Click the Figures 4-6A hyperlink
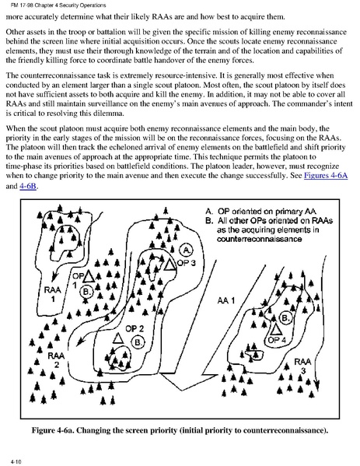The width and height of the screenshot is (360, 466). [326, 175]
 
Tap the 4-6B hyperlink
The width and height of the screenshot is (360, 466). [28, 187]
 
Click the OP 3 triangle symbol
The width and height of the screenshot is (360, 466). [170, 265]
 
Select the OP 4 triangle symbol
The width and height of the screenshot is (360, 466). [276, 329]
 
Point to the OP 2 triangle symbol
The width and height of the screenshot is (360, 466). [118, 338]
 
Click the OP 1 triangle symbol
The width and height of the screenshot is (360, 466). [89, 277]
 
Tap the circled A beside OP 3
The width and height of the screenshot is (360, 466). [187, 250]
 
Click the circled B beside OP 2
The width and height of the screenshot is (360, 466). [138, 342]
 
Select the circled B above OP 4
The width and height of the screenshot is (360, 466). [285, 318]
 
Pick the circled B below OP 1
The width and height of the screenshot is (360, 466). [86, 292]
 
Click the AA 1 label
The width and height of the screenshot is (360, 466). [225, 300]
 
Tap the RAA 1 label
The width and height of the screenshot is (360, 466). [53, 293]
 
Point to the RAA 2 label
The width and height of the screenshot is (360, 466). [56, 359]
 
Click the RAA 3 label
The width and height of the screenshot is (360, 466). [302, 366]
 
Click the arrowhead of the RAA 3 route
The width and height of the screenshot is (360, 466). [317, 385]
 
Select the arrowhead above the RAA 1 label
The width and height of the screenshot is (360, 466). [54, 277]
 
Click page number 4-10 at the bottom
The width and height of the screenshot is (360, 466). [16, 461]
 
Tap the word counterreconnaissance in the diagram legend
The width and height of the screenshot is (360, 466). [259, 239]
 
